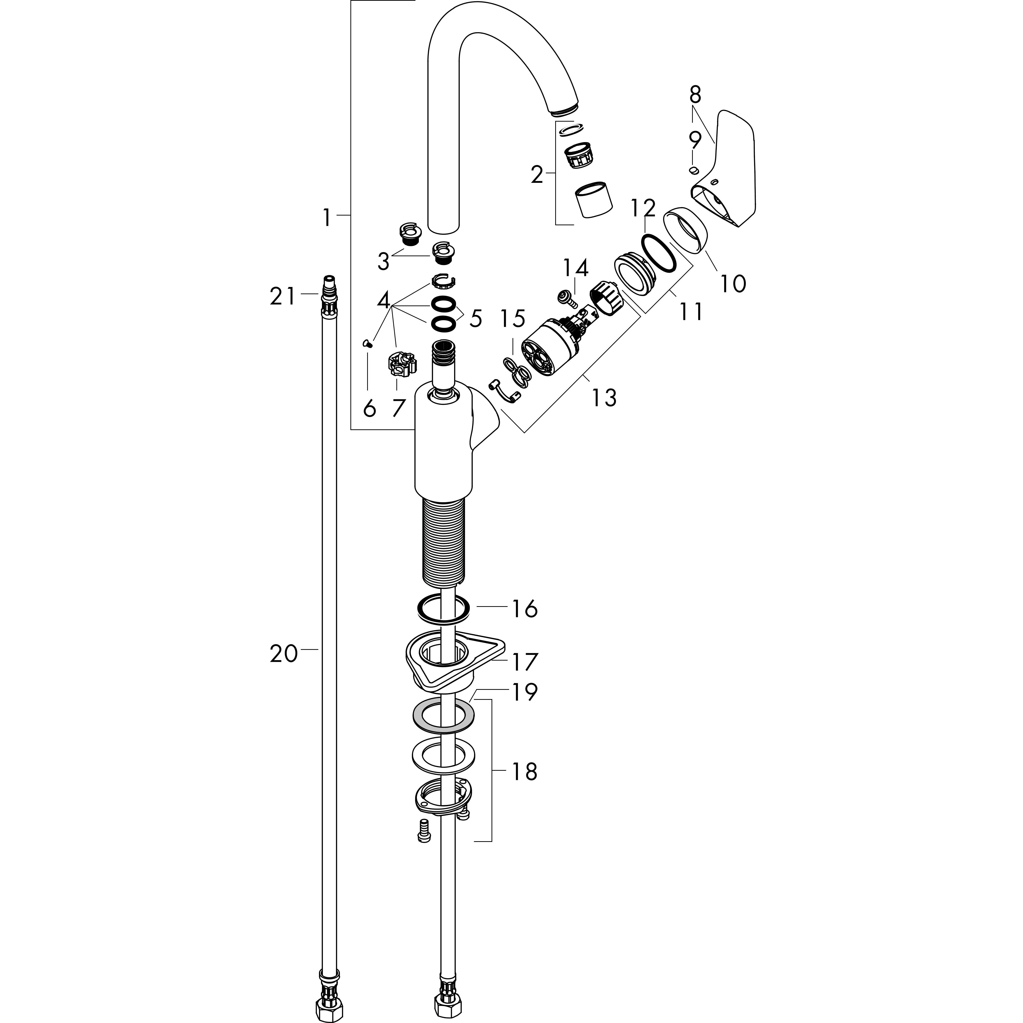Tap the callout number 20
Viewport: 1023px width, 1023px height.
[x=284, y=653]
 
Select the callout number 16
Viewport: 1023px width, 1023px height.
[x=524, y=609]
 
